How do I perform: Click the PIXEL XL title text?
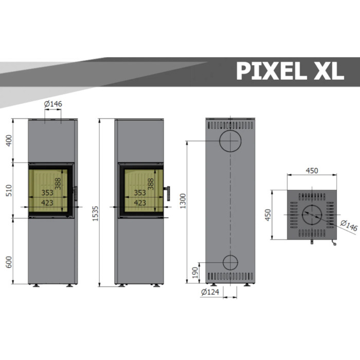290,71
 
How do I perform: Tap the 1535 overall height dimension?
95,213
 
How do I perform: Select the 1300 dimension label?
183,201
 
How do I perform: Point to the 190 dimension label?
195,272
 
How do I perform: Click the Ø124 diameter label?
210,292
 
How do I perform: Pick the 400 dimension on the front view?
9,141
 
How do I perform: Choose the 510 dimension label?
9,190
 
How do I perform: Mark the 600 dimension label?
9,262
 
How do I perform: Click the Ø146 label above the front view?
53,104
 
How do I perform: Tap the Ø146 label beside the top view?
349,226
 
